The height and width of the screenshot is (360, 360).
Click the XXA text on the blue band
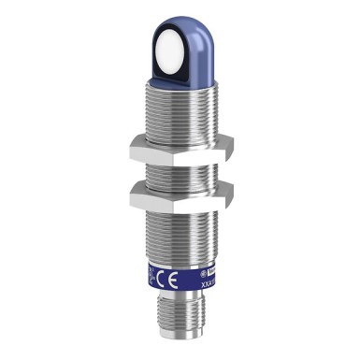199,280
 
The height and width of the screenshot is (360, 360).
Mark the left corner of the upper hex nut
128,143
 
